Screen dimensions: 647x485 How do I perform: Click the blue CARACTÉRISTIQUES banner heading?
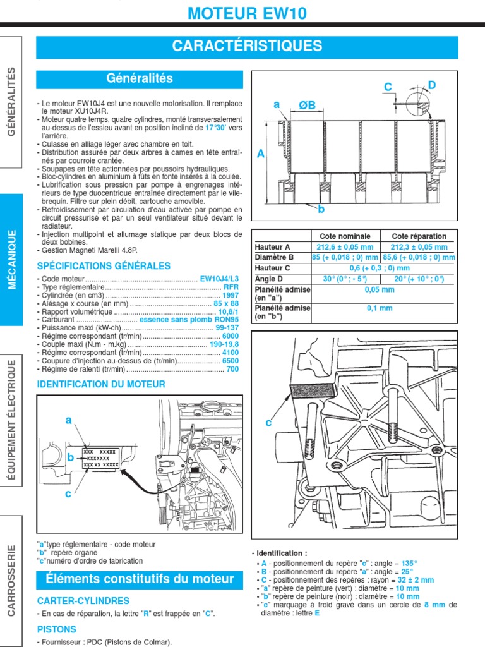pos(247,46)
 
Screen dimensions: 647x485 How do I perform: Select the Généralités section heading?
pos(140,79)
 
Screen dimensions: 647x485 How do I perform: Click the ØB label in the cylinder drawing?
pos(307,105)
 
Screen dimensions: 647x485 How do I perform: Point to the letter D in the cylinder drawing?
pos(432,85)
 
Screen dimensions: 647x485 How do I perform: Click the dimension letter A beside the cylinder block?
pos(261,154)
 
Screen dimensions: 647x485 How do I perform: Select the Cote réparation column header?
pos(419,236)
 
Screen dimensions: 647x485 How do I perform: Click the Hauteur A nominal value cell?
pos(345,247)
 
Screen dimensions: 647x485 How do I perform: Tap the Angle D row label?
pos(270,278)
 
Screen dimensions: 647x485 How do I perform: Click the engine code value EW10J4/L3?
pos(220,279)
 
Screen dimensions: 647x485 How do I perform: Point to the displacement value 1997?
pos(231,295)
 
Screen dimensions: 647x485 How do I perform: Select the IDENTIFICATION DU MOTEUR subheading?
pos(101,384)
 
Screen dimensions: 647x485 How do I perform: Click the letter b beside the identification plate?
pos(71,457)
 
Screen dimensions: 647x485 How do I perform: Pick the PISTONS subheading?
pos(57,629)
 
